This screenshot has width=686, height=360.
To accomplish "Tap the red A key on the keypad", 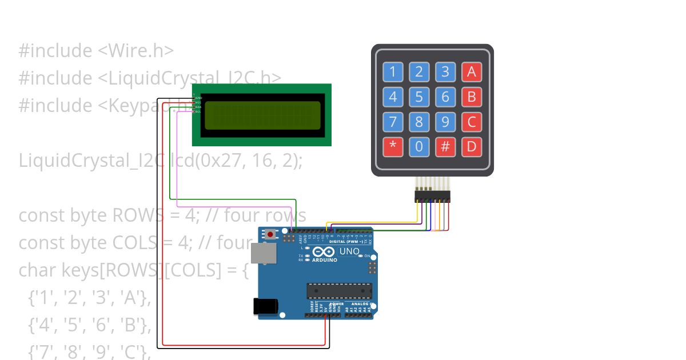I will pos(472,72).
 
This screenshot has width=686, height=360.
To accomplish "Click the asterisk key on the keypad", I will pos(393,146).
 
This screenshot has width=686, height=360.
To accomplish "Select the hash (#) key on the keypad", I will pos(445,146).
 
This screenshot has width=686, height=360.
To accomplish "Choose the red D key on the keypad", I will pos(472,146).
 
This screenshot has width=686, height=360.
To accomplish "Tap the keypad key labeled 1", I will pos(393,72).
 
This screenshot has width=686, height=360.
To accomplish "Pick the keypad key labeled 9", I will pos(445,122).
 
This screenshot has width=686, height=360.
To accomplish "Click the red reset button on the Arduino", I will pos(270,234).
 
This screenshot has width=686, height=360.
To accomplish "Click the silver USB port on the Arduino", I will pos(262,255).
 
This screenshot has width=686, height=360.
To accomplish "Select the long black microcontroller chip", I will pos(339,291).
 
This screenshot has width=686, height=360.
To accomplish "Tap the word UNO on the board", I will pos(349,251).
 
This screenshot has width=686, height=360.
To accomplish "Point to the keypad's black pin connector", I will pos(432,197).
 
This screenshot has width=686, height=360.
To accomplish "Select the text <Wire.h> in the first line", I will pos(135,51).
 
